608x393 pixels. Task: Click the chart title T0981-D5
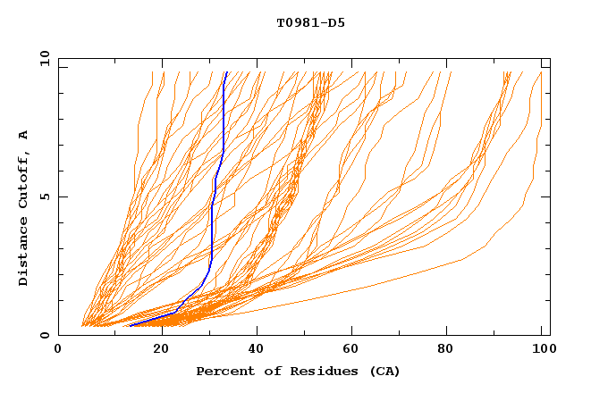click(x=310, y=22)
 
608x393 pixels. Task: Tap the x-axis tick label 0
click(x=58, y=350)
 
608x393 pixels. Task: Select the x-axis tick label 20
click(x=162, y=350)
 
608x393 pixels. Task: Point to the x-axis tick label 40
click(x=258, y=350)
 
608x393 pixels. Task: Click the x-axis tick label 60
click(x=355, y=350)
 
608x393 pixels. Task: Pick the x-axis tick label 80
click(x=452, y=350)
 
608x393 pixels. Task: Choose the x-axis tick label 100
click(x=542, y=350)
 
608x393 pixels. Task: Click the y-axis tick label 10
click(x=44, y=58)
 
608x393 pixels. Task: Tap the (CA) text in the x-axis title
click(x=384, y=371)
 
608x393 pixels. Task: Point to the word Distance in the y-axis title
click(x=24, y=254)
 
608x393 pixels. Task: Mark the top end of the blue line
click(x=226, y=72)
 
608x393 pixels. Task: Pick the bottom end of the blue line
click(x=131, y=325)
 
